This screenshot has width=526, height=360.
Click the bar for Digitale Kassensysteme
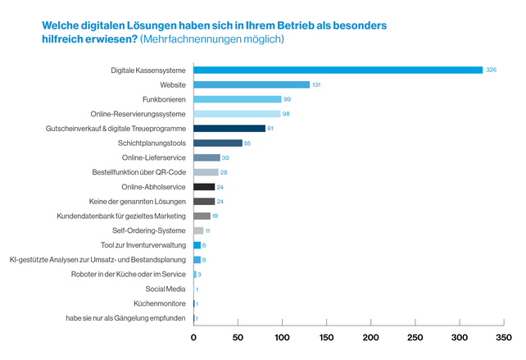tap(338, 71)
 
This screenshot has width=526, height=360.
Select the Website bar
tap(252, 85)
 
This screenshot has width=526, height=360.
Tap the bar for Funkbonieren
tap(237, 99)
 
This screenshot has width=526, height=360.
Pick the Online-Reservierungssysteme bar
tap(237, 114)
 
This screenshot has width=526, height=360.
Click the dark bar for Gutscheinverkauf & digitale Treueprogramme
tap(229, 129)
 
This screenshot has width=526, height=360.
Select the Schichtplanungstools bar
tap(218, 144)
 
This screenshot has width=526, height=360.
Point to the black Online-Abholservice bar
tap(204, 187)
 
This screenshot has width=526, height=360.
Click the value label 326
tap(492, 71)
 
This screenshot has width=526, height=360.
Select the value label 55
tap(247, 144)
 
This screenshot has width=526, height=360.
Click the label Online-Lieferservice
tap(154, 157)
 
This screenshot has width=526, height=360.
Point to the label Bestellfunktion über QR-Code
tap(139, 172)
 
